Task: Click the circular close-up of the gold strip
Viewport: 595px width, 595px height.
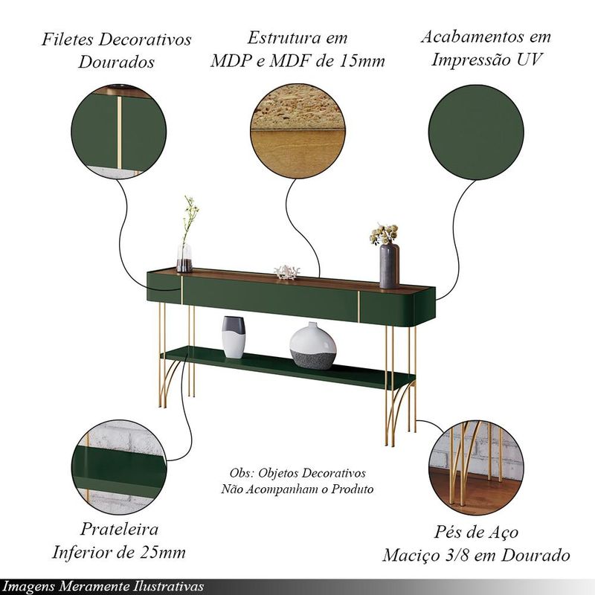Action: pyautogui.click(x=119, y=132)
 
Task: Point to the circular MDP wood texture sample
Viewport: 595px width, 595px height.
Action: pyautogui.click(x=298, y=132)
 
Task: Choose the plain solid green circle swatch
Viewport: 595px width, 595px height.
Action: pyautogui.click(x=476, y=132)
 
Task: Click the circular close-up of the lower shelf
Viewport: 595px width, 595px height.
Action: pyautogui.click(x=119, y=467)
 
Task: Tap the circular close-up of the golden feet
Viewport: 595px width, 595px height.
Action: pyautogui.click(x=476, y=467)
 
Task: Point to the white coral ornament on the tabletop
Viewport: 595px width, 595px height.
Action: pyautogui.click(x=287, y=272)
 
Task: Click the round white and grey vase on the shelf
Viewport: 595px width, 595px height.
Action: pyautogui.click(x=312, y=346)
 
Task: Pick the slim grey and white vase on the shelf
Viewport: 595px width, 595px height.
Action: pyautogui.click(x=234, y=337)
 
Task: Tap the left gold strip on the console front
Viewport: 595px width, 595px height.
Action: pyautogui.click(x=181, y=290)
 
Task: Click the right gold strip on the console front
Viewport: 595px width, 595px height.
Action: pyautogui.click(x=358, y=306)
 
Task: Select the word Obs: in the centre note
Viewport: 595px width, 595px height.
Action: pyautogui.click(x=241, y=473)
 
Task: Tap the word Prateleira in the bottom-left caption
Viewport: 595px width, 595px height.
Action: pyautogui.click(x=119, y=530)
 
